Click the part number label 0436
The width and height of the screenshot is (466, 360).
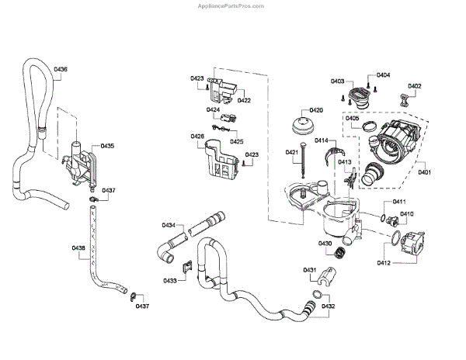pos(61,69)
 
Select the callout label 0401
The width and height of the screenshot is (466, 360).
pos(424,172)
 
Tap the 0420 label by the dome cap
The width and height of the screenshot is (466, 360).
pos(316,110)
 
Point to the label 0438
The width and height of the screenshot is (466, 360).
pos(78,247)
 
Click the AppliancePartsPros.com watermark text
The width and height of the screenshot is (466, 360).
pos(231,6)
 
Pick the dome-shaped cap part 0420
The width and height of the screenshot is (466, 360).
pos(303,126)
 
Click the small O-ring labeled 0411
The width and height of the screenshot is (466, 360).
pos(383,218)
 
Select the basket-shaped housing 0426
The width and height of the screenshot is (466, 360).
pos(221,160)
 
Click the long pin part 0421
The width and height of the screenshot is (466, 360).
pos(303,160)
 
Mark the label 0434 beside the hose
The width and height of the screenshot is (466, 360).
pos(169,225)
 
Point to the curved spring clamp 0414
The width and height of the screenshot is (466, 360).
pos(334,155)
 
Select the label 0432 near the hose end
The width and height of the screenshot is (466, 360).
pos(328,306)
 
